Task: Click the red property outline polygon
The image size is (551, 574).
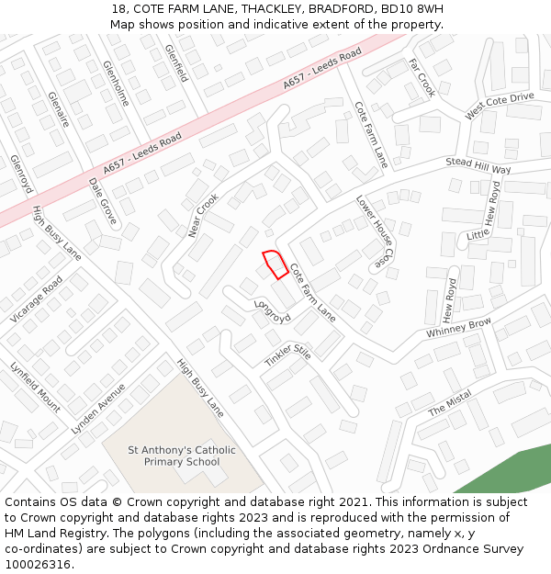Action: pyautogui.click(x=275, y=264)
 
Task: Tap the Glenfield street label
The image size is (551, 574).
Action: pyautogui.click(x=175, y=62)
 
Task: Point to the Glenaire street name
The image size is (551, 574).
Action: pyautogui.click(x=58, y=107)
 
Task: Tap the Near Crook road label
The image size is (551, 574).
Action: pyautogui.click(x=204, y=215)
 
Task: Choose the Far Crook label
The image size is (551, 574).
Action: pyautogui.click(x=422, y=78)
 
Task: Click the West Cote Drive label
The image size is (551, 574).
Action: pyautogui.click(x=499, y=105)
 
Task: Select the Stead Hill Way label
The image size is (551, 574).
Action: pyautogui.click(x=478, y=165)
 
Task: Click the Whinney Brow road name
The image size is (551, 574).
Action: pyautogui.click(x=458, y=328)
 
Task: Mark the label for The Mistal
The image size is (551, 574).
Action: pyautogui.click(x=450, y=402)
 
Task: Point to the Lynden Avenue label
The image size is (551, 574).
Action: pyautogui.click(x=98, y=409)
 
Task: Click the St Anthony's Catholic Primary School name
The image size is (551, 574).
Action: pyautogui.click(x=182, y=456)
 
